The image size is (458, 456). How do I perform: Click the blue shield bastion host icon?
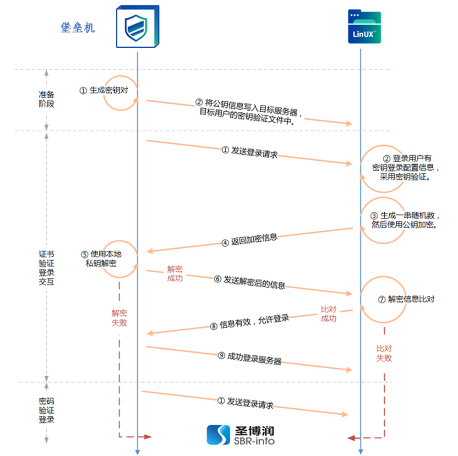click(137, 27)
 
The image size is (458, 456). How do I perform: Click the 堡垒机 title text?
click(78, 27)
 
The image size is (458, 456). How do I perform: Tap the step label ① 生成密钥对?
click(104, 90)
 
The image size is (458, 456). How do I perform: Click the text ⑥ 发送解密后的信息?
click(250, 282)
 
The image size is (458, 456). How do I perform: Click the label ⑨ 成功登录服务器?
click(250, 358)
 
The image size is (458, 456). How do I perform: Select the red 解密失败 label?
click(120, 318)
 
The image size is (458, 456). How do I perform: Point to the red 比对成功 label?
click(328, 313)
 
